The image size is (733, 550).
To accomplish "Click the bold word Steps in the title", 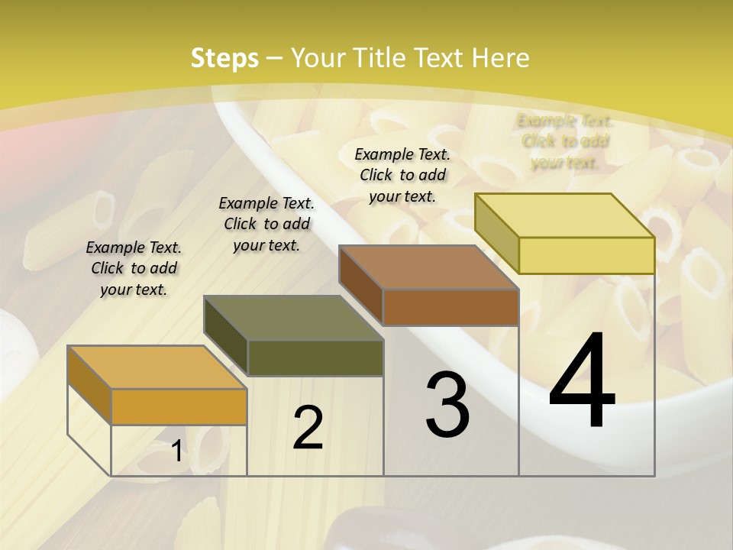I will click(x=224, y=58).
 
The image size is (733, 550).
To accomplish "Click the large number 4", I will click(x=582, y=383).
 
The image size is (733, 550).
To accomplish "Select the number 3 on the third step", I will click(x=447, y=406).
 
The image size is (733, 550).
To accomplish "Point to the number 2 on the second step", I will click(x=308, y=428).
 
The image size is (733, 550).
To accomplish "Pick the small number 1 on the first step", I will click(x=176, y=451).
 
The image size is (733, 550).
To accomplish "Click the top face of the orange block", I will click(x=157, y=367).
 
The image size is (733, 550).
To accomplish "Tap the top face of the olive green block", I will click(x=293, y=318).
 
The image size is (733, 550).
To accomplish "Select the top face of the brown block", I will click(x=428, y=267).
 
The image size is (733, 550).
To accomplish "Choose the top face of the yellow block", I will click(x=564, y=215).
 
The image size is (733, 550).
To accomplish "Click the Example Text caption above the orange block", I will click(x=134, y=268).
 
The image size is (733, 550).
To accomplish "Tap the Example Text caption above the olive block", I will click(x=266, y=224).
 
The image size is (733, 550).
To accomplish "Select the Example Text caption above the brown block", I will click(x=402, y=175).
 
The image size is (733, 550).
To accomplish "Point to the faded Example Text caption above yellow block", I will click(x=565, y=141).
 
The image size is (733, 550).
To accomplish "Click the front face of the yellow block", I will click(x=586, y=255).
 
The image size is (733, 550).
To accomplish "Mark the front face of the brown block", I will click(x=450, y=307).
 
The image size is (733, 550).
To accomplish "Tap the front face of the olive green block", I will click(x=315, y=357).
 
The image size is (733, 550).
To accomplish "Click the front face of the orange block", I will click(x=179, y=406).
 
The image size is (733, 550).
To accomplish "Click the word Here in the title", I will click(x=501, y=58).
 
